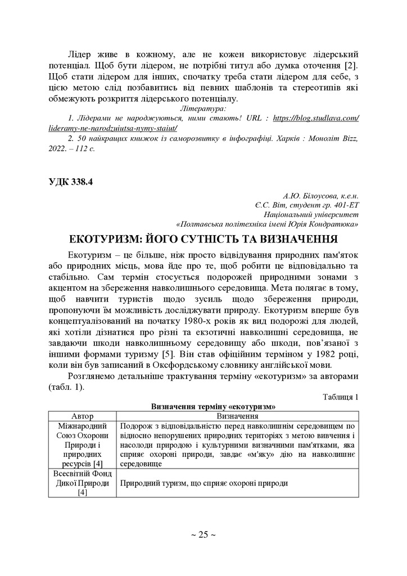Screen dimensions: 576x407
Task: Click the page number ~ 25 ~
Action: (x=203, y=534)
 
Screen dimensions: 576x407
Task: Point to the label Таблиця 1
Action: (x=341, y=397)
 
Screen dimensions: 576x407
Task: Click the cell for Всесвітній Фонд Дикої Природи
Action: (x=82, y=483)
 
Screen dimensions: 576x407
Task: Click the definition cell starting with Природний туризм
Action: (x=203, y=483)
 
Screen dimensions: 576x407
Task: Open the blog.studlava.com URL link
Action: (x=316, y=118)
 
